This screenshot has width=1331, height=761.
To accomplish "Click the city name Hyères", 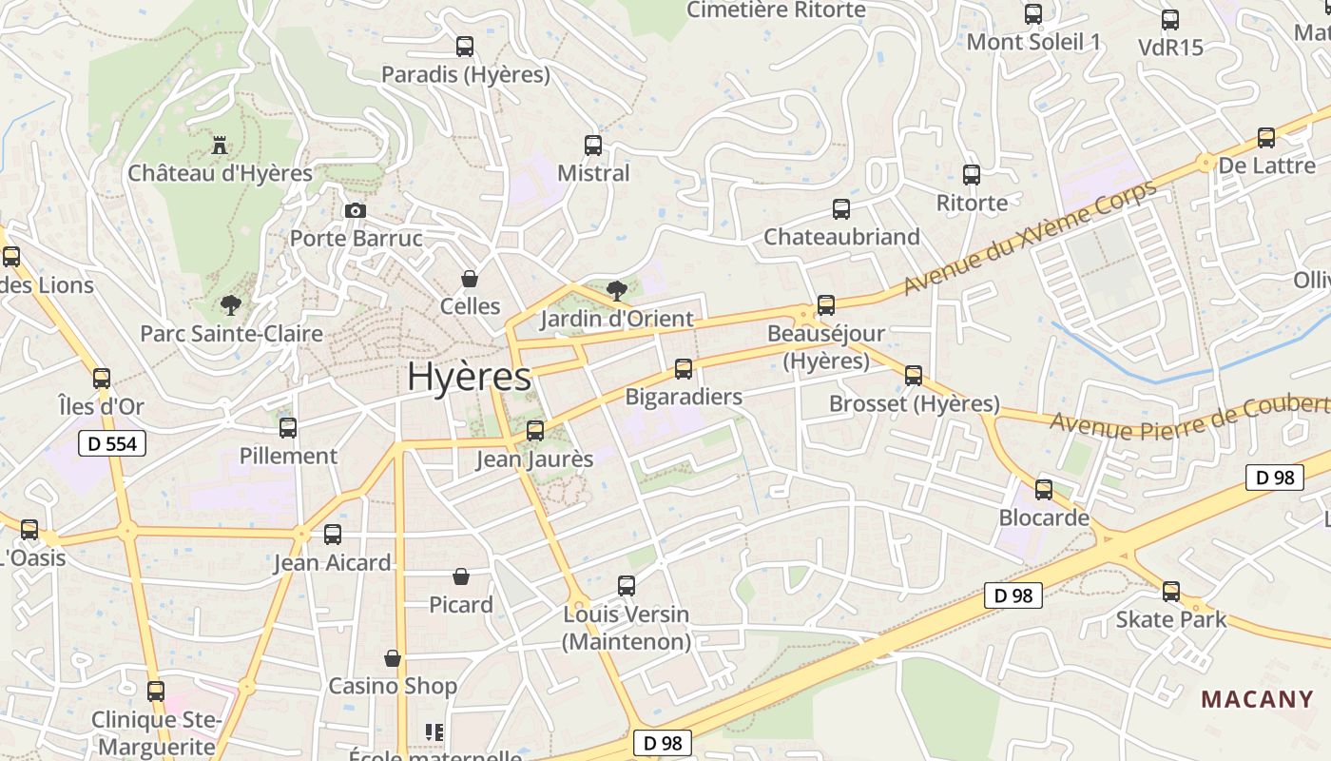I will (469, 377).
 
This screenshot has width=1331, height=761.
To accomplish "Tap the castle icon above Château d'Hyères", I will (220, 146).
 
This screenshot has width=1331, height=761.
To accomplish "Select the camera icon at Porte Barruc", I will (355, 210).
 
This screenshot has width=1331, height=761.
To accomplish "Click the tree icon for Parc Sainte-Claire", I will (230, 305).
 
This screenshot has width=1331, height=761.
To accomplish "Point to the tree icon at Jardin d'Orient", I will (616, 290).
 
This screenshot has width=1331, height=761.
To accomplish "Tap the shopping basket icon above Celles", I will (469, 278).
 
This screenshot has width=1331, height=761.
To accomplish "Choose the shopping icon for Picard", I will (461, 576).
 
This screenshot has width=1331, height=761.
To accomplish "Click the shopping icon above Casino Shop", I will (392, 658).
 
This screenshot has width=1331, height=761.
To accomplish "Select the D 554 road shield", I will (111, 443).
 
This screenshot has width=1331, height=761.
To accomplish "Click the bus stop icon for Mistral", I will (593, 146).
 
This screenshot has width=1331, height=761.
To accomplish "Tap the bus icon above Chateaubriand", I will (841, 209).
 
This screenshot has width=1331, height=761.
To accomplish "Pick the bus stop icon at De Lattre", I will (1266, 138).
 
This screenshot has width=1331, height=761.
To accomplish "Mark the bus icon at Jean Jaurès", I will (535, 431).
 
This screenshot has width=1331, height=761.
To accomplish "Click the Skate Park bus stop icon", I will (1171, 592).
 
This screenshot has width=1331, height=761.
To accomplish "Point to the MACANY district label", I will (1257, 699).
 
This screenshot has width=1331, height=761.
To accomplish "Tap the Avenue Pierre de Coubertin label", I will (1188, 416).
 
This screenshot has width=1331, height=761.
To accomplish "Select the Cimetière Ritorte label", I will (776, 10).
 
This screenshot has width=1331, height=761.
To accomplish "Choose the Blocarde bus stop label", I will (1044, 518).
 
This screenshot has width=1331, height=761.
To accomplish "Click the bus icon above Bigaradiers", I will (684, 369).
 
